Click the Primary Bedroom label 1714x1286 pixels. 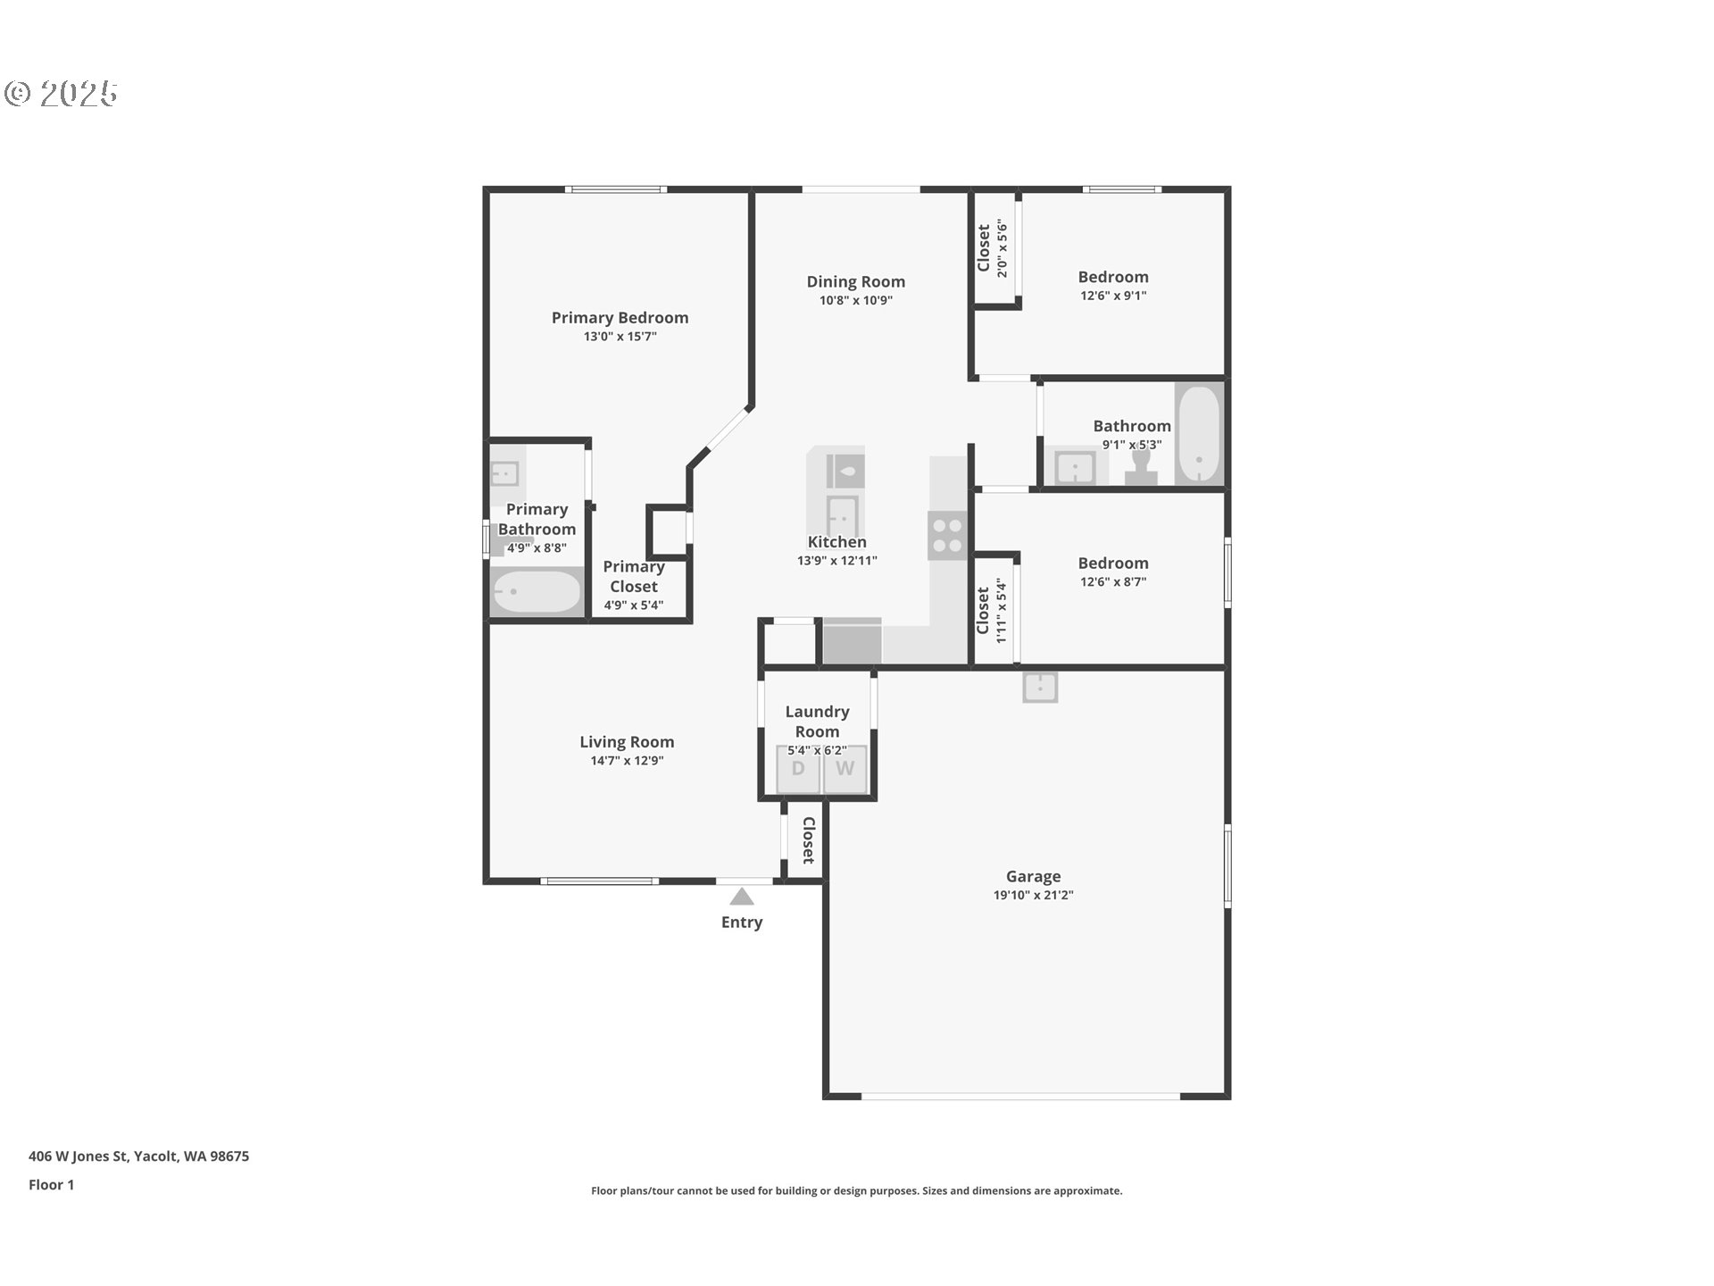(x=620, y=318)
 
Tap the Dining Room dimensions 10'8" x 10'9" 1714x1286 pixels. (x=855, y=301)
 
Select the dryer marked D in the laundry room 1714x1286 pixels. (x=798, y=769)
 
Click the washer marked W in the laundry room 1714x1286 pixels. (x=845, y=769)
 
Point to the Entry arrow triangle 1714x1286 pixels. (x=741, y=897)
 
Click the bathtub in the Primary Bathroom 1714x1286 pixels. (x=537, y=591)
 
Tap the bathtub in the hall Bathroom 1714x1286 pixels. (x=1199, y=434)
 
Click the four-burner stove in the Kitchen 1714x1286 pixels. (x=947, y=535)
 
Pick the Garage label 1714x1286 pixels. (x=1033, y=877)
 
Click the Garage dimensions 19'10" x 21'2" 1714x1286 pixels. (x=1033, y=896)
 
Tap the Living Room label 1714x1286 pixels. (x=627, y=742)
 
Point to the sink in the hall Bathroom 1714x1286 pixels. (x=1076, y=467)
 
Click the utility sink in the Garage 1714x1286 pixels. (x=1040, y=688)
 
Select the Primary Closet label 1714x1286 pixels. (x=634, y=577)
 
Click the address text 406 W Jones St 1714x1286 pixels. (x=79, y=1157)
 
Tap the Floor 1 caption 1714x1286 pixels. (x=51, y=1185)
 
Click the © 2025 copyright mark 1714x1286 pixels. (x=61, y=94)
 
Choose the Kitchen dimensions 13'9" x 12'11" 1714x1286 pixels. (x=837, y=561)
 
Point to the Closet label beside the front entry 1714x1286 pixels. (x=808, y=840)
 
